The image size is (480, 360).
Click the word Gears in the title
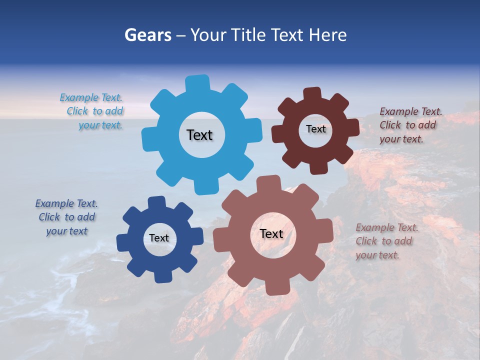click(x=148, y=35)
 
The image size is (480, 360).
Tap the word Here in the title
click(x=327, y=35)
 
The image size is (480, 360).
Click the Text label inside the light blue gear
click(x=199, y=135)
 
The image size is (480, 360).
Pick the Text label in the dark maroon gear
click(x=315, y=129)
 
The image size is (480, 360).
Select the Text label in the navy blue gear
click(x=159, y=238)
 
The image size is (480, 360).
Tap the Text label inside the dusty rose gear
click(x=271, y=233)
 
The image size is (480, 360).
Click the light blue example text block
click(x=93, y=111)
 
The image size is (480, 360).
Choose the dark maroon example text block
click(x=410, y=125)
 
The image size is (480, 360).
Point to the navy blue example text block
click(x=66, y=217)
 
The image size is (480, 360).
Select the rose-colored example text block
click(x=386, y=241)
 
